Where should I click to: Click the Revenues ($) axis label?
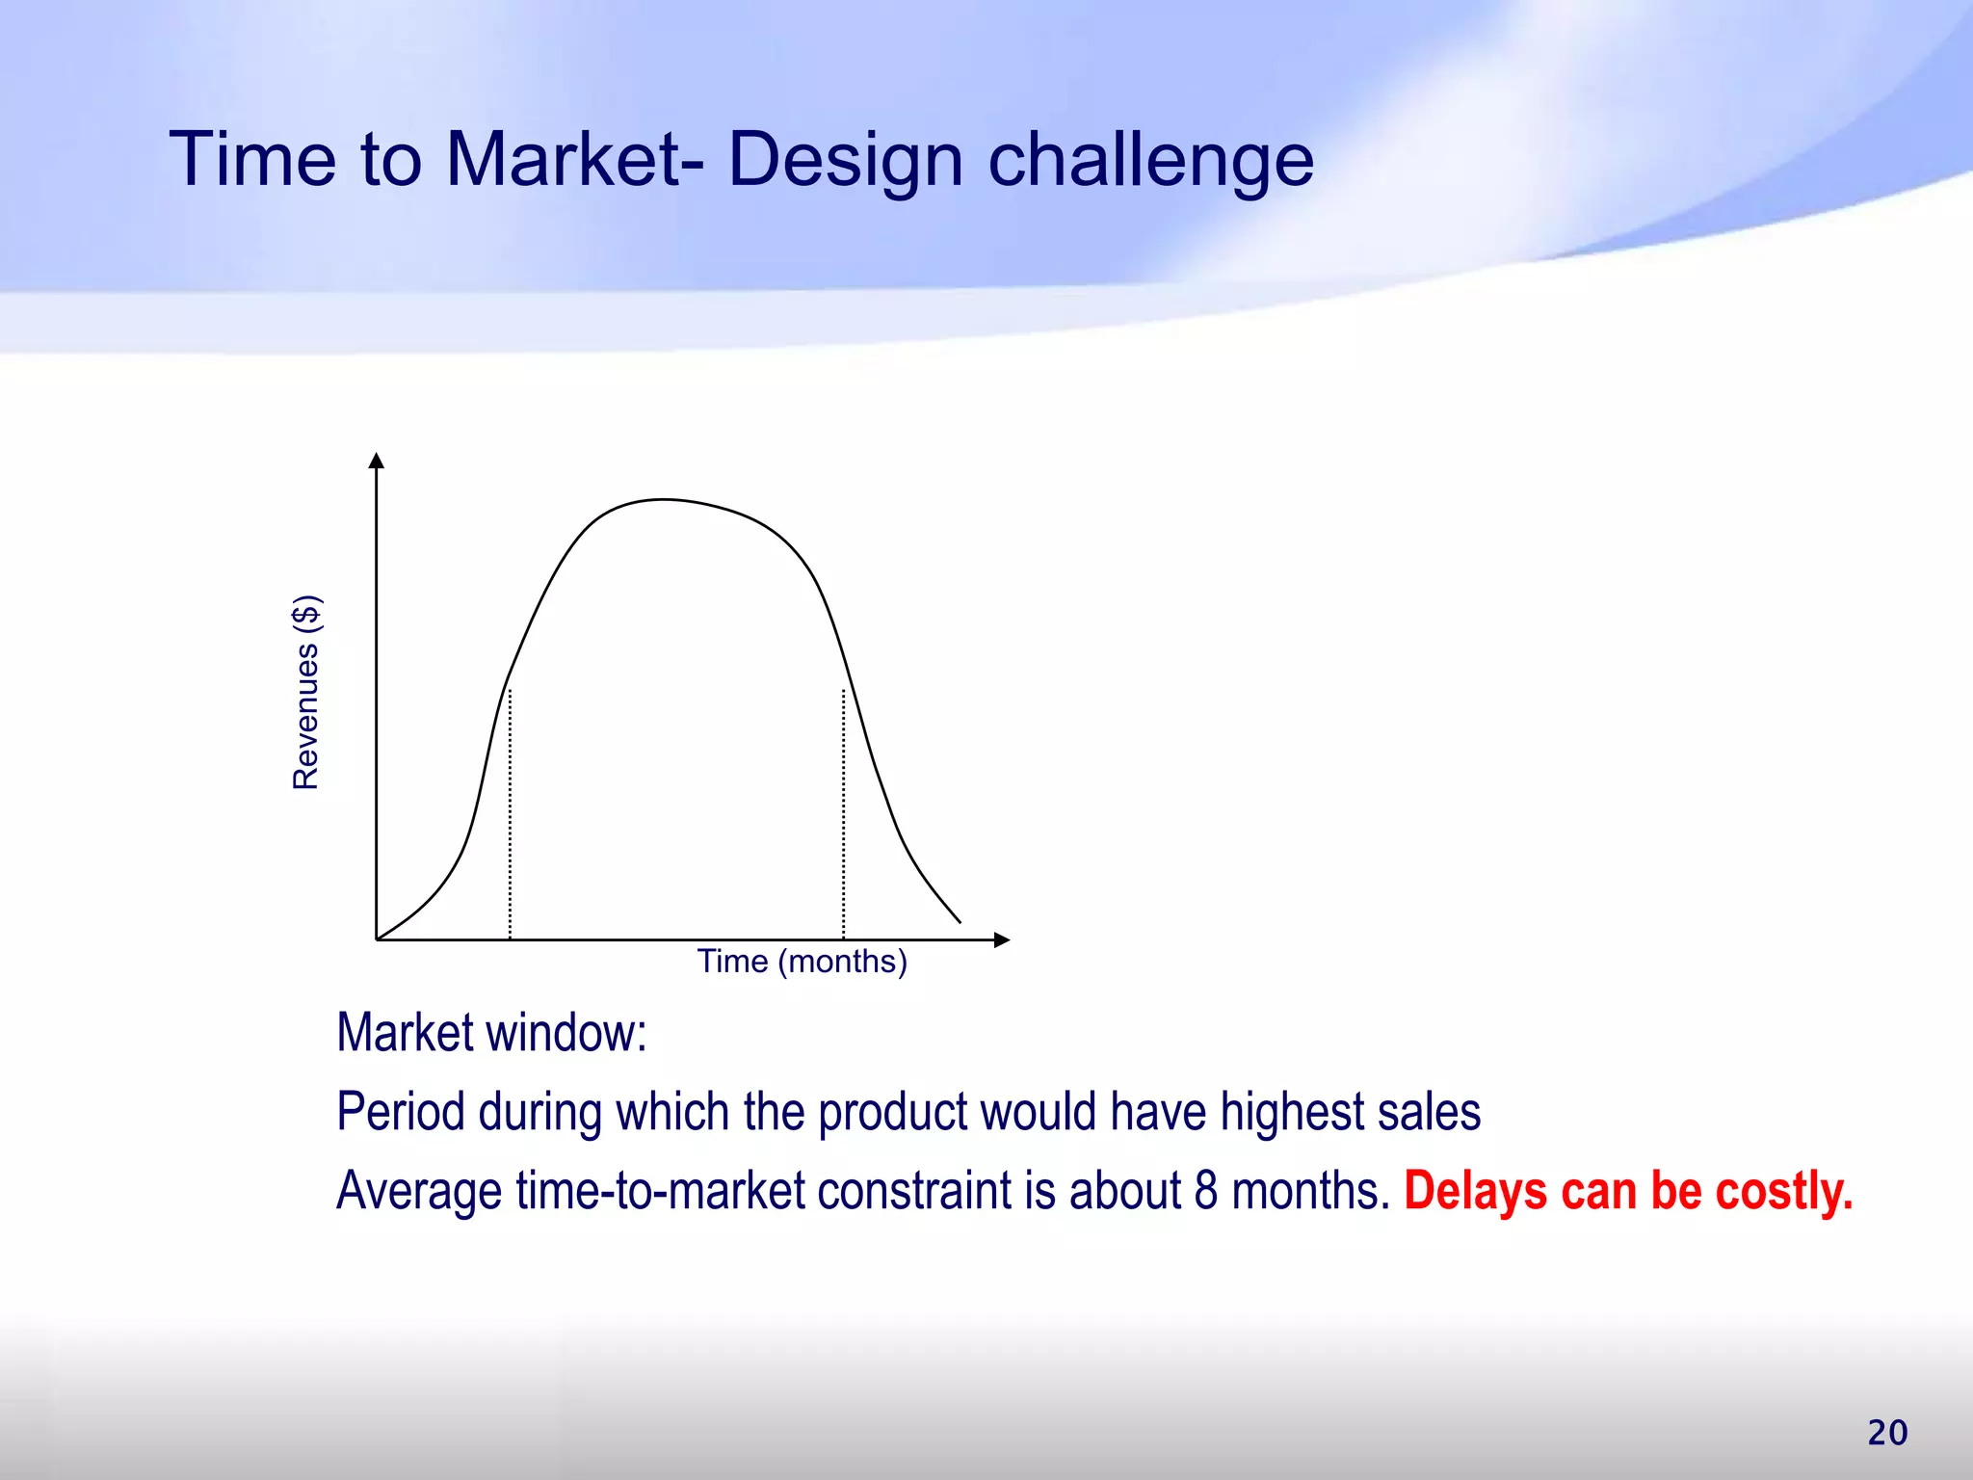(306, 693)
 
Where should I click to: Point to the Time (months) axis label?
(802, 962)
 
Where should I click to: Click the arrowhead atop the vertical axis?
(377, 461)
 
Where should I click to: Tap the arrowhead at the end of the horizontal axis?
(1002, 939)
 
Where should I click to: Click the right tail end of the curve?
(959, 921)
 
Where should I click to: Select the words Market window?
(491, 1033)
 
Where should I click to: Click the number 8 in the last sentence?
(1206, 1191)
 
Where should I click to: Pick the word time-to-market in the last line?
(660, 1191)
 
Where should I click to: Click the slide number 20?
(1887, 1433)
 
